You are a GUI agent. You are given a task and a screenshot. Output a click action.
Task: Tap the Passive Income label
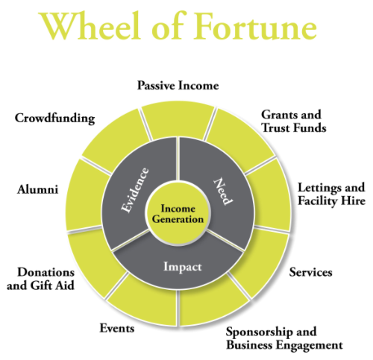[178, 86]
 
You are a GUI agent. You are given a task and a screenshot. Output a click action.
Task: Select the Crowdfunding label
[55, 119]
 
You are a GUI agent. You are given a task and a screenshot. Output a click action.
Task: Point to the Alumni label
[37, 190]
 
